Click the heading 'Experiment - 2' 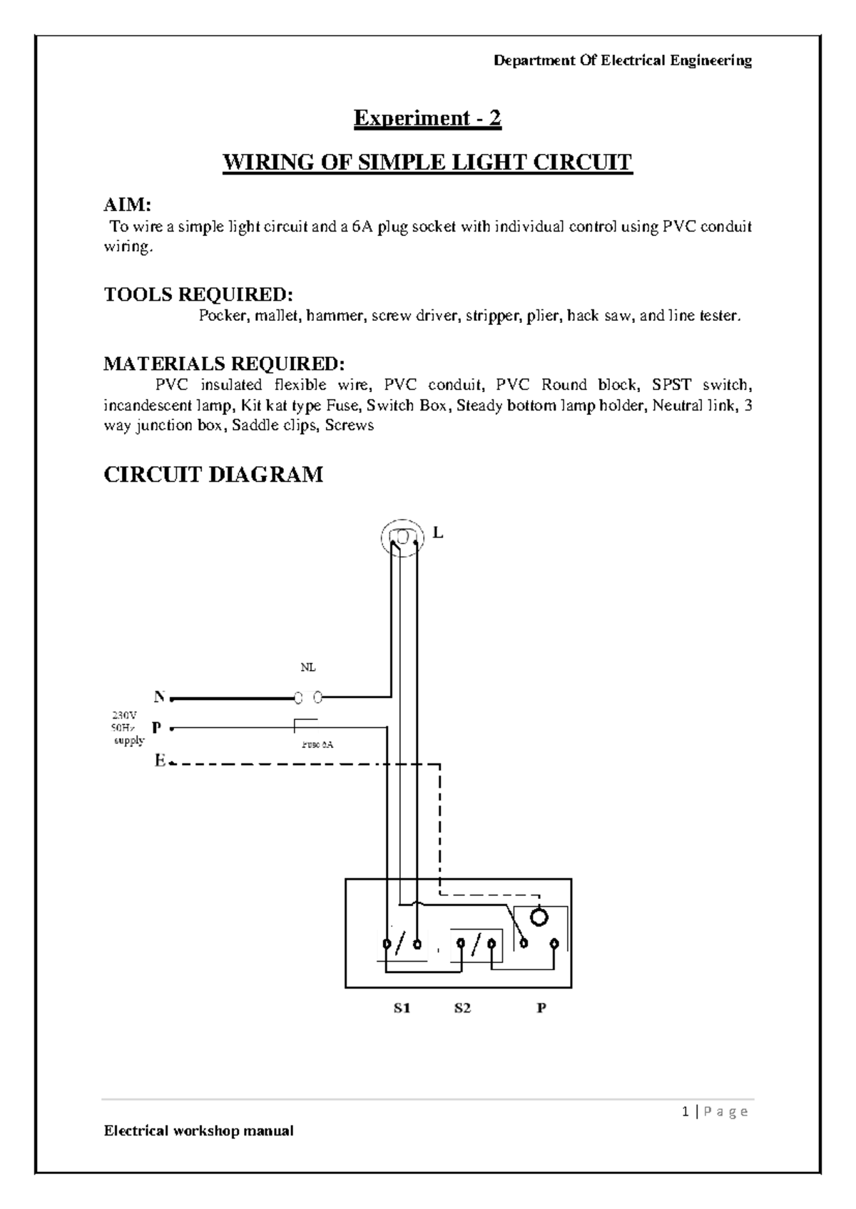point(427,118)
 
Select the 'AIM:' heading point(127,205)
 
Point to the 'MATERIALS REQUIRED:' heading point(224,364)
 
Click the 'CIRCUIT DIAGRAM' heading point(213,474)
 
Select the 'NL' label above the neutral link point(307,667)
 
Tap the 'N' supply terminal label point(160,696)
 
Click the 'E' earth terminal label point(160,761)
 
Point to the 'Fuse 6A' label point(317,744)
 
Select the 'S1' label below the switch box point(402,1009)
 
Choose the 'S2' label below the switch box point(462,1009)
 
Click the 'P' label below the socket point(541,1009)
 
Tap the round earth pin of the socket point(539,915)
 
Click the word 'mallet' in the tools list point(277,315)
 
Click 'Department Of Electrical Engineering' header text point(623,61)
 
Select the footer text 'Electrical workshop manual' point(199,1131)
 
